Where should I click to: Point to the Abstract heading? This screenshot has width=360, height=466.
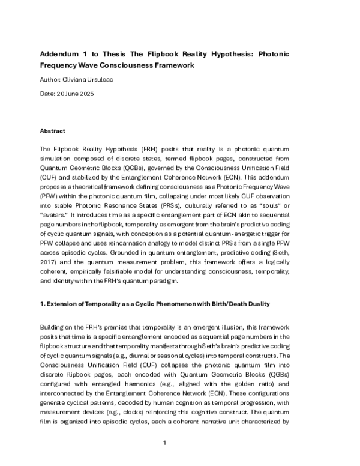click(x=52, y=131)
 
